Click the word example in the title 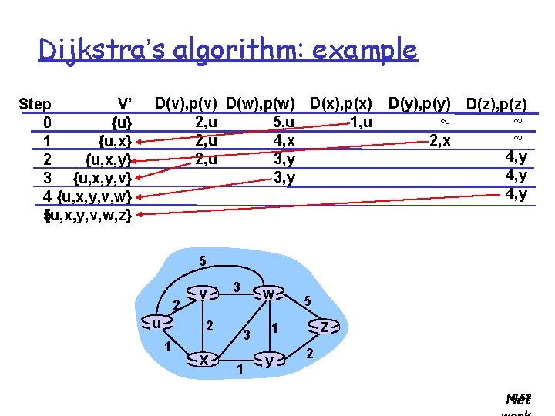pyautogui.click(x=367, y=50)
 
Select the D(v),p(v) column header pyautogui.click(x=186, y=102)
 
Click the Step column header pyautogui.click(x=35, y=104)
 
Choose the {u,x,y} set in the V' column pyautogui.click(x=108, y=160)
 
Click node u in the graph pyautogui.click(x=156, y=324)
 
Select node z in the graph pyautogui.click(x=325, y=327)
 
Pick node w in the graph pyautogui.click(x=267, y=294)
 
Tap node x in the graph pyautogui.click(x=203, y=359)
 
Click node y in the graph pyautogui.click(x=268, y=359)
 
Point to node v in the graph pyautogui.click(x=202, y=294)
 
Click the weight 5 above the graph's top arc pyautogui.click(x=202, y=261)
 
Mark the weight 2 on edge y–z pyautogui.click(x=309, y=354)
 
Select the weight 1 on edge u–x pyautogui.click(x=167, y=346)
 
